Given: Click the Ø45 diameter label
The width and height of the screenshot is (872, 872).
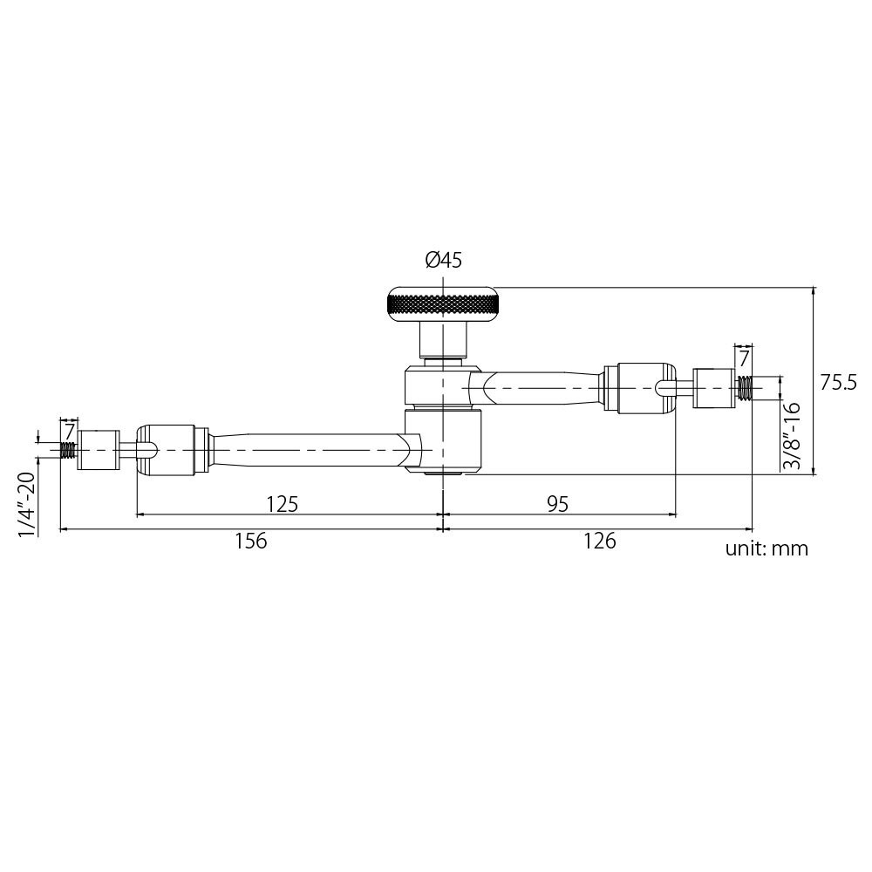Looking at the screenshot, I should pos(443,260).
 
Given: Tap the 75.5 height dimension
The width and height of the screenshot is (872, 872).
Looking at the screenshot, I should pos(840,382).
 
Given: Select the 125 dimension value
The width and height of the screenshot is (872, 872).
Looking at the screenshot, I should pos(282,503).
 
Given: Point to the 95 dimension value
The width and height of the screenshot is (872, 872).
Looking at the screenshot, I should pos(557,503).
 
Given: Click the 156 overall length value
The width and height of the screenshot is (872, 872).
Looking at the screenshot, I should pos(250,542).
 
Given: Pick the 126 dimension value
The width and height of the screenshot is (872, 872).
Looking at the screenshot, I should pos(599,542).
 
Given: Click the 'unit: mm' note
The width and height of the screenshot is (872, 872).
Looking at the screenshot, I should pos(766,548).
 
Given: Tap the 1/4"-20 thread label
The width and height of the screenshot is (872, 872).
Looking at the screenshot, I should pos(27,505).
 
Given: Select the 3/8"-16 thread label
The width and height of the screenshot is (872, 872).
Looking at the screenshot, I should pos(792,437).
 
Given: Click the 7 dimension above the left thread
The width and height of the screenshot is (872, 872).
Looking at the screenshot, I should pos(69,429).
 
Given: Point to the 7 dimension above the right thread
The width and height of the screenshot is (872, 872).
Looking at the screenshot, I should pos(744,358).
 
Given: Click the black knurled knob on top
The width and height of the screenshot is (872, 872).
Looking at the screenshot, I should pos(443,304).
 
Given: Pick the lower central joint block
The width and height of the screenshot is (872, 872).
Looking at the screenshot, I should pos(445,443).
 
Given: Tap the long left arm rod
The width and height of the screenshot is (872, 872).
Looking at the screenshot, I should pos(305,448).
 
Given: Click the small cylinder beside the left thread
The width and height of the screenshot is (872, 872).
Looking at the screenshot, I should pos(98,450).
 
